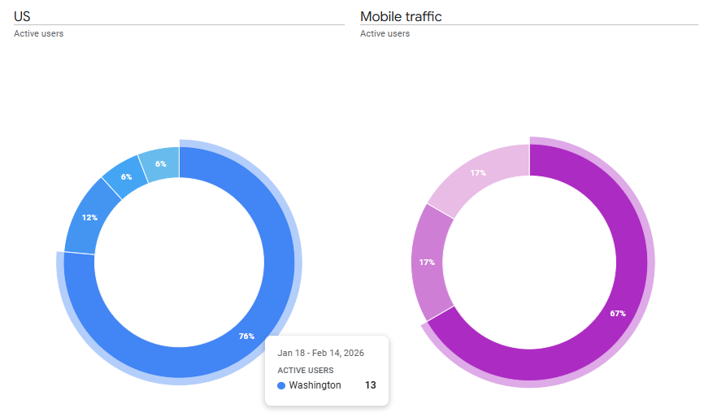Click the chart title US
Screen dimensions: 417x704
[x=23, y=16]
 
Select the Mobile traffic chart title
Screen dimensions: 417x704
[x=401, y=16]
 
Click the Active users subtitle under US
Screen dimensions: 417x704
[x=38, y=34]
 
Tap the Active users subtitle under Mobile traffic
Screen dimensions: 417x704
[x=385, y=34]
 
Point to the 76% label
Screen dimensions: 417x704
[x=246, y=337]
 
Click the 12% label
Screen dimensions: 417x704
[x=89, y=218]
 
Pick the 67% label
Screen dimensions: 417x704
[x=618, y=313]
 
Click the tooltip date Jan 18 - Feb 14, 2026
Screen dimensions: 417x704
[x=320, y=353]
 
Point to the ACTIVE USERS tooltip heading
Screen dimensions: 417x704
[x=305, y=370]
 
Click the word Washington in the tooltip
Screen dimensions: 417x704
[x=315, y=385]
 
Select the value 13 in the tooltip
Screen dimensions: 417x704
[x=370, y=385]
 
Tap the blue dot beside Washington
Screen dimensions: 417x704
[x=281, y=385]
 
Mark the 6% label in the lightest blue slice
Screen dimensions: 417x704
[x=161, y=164]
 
